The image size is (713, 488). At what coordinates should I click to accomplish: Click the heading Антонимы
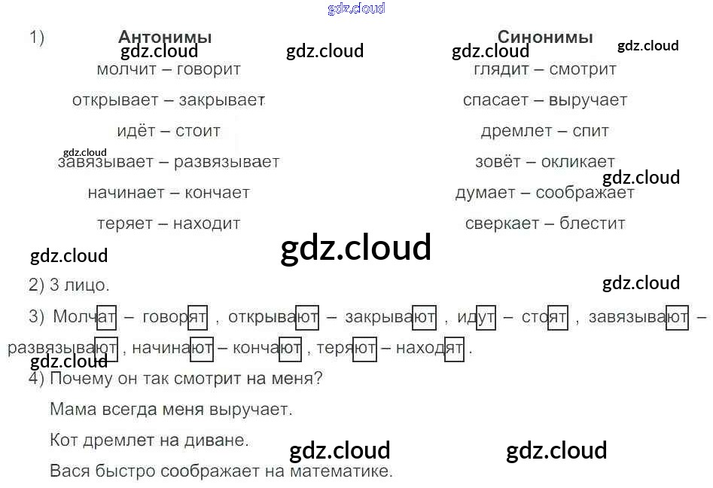pyautogui.click(x=165, y=37)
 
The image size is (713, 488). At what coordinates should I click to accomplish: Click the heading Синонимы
pyautogui.click(x=545, y=37)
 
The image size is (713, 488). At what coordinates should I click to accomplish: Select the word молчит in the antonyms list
pyautogui.click(x=125, y=69)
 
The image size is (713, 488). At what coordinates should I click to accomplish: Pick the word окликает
pyautogui.click(x=577, y=162)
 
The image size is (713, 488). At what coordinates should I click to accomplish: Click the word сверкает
pyautogui.click(x=502, y=224)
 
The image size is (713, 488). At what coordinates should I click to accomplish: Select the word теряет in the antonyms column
pyautogui.click(x=125, y=224)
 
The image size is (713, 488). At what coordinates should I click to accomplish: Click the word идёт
pyautogui.click(x=136, y=131)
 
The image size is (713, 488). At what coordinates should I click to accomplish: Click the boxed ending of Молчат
pyautogui.click(x=106, y=318)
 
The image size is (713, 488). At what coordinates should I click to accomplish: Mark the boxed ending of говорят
pyautogui.click(x=197, y=318)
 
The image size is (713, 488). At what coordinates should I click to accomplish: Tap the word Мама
pyautogui.click(x=70, y=410)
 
